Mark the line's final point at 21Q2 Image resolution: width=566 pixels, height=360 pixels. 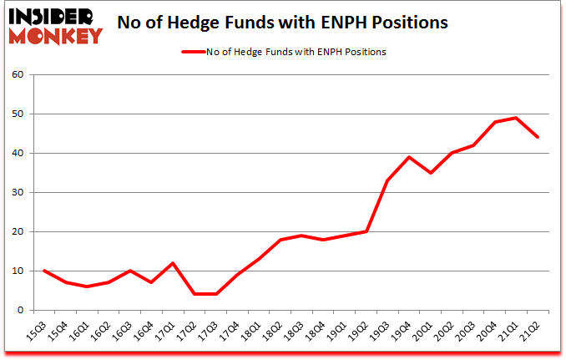[538, 137]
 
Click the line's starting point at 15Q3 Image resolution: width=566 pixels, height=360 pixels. [43, 271]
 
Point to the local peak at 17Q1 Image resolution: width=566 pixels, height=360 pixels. [174, 263]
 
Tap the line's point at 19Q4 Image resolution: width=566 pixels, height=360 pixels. [408, 157]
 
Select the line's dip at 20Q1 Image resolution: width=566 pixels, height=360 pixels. [430, 173]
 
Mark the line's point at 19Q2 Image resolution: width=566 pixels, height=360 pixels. [365, 231]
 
